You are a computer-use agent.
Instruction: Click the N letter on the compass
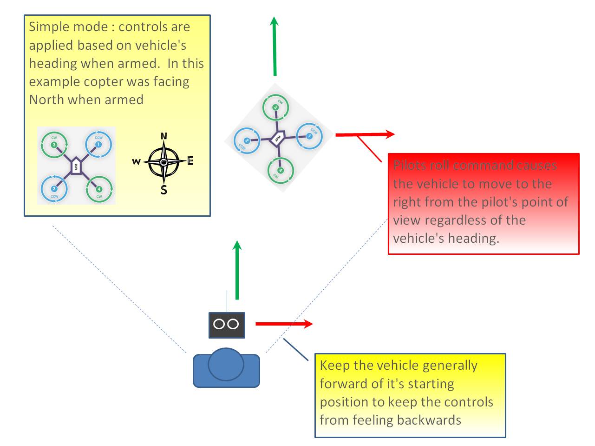click(163, 136)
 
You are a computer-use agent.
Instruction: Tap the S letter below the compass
click(163, 190)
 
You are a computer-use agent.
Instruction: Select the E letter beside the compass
click(190, 161)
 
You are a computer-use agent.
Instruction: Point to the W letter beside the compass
click(136, 162)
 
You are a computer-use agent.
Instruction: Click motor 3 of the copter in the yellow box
click(54, 145)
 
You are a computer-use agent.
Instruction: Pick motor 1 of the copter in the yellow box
click(98, 145)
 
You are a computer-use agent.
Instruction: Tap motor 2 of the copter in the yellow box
click(54, 189)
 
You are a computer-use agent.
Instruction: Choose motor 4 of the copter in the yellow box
click(98, 189)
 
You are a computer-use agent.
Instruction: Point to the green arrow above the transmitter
click(237, 270)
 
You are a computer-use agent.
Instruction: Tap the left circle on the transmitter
click(219, 324)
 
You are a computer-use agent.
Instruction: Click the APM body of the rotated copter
click(278, 138)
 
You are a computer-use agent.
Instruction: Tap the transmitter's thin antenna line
click(227, 301)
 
